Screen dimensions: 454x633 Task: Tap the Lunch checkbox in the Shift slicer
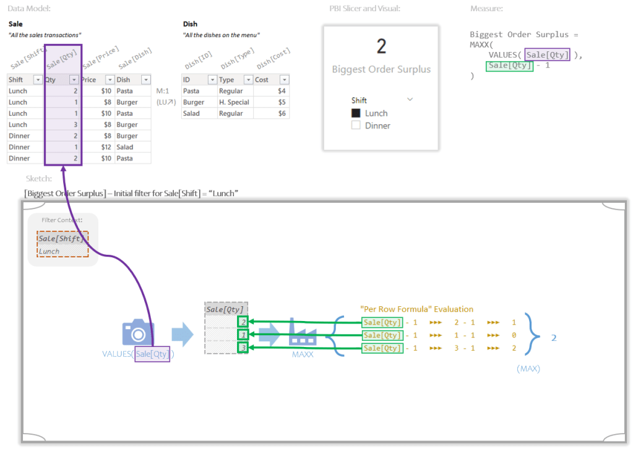(x=356, y=113)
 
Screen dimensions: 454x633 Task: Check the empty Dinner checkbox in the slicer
(x=356, y=126)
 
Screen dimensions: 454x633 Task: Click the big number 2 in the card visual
(x=381, y=46)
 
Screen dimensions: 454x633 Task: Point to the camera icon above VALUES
(x=137, y=333)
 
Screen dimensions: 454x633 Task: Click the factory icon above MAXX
(x=303, y=334)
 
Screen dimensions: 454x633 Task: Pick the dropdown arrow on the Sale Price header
(x=110, y=80)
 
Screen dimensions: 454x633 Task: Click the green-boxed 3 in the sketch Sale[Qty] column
(x=243, y=348)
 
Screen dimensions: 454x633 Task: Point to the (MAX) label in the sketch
(x=528, y=369)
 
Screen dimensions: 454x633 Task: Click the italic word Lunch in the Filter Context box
(x=50, y=251)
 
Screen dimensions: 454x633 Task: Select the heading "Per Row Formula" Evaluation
(x=416, y=309)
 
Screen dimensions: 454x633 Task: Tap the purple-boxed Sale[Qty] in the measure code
(x=547, y=55)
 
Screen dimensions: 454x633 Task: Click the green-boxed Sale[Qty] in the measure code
(x=510, y=66)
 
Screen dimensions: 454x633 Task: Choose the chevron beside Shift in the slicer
(x=410, y=100)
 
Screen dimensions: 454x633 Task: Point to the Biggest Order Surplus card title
(x=381, y=69)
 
